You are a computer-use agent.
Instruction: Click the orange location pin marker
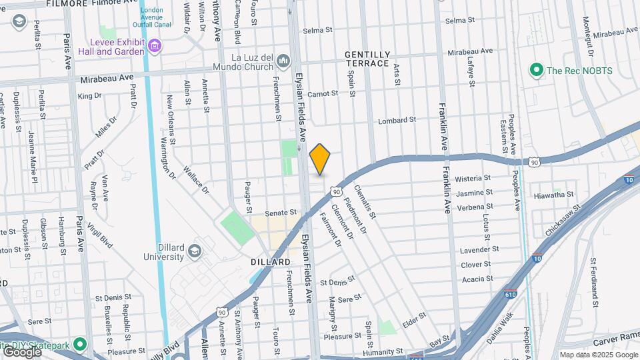[320, 159]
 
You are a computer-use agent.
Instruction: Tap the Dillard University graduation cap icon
[194, 251]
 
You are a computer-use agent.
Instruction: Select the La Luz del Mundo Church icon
[283, 61]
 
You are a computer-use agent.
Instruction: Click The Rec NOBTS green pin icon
[535, 69]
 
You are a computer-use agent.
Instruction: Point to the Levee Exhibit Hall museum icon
[155, 46]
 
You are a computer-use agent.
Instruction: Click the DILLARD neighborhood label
[271, 262]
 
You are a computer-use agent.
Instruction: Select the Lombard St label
[397, 121]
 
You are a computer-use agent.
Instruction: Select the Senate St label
[280, 213]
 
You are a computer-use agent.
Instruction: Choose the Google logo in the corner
[22, 352]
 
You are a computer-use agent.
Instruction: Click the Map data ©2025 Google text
[598, 355]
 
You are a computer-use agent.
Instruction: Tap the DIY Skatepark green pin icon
[80, 344]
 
